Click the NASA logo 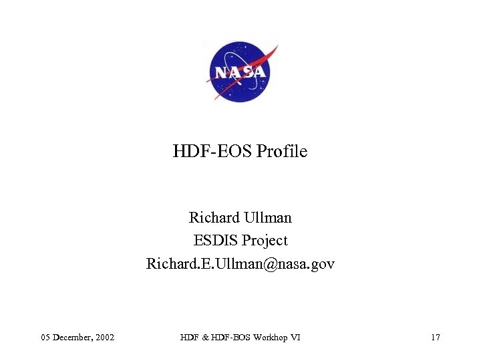[x=240, y=71]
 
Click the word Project [x=265, y=241]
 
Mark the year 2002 [x=106, y=337]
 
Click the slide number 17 [x=435, y=337]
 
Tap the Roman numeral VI [x=295, y=337]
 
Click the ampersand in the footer [x=202, y=337]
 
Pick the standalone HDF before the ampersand [x=188, y=337]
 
